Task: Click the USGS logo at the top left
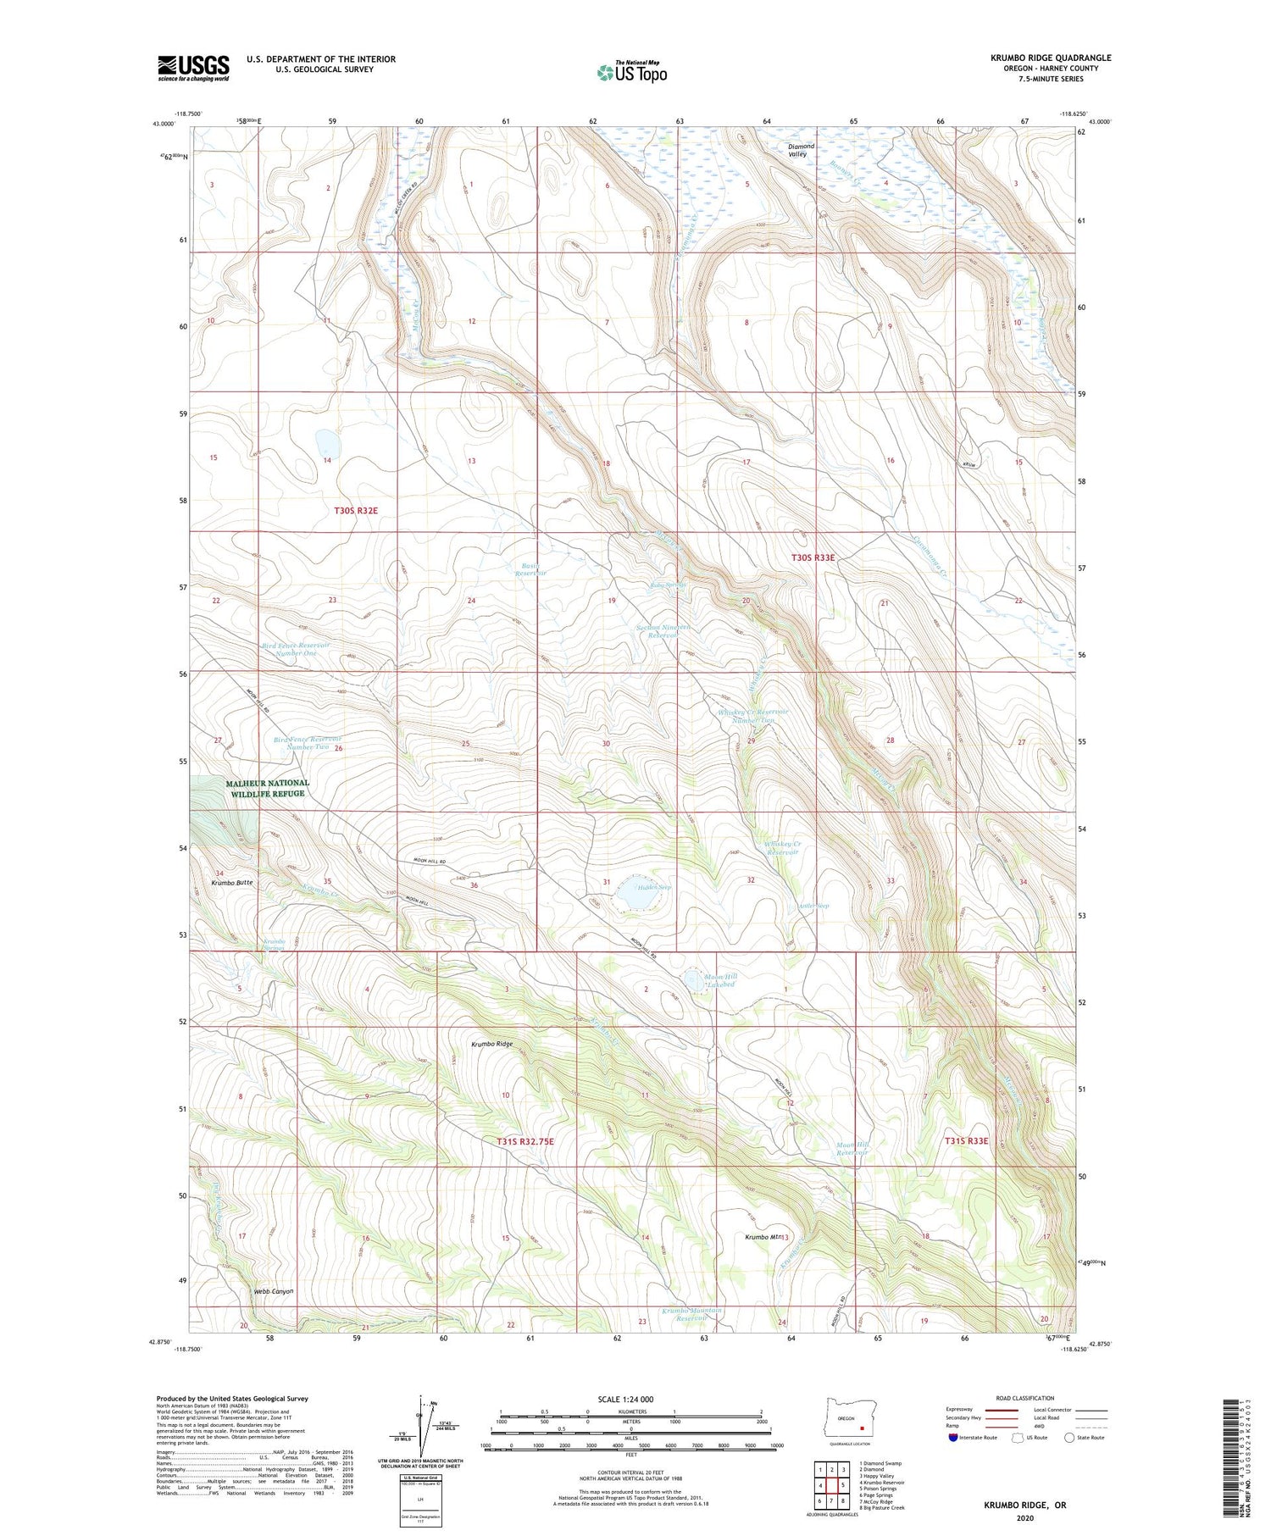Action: click(193, 68)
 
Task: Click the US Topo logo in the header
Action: click(631, 73)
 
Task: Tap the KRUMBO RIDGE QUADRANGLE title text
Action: click(1051, 58)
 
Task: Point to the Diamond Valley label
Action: click(800, 150)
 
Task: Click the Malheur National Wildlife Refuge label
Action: click(268, 789)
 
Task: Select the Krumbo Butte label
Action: click(232, 883)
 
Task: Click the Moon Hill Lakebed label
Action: click(719, 980)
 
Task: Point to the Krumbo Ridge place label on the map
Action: click(492, 1044)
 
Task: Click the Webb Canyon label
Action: click(274, 1291)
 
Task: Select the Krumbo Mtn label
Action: click(763, 1238)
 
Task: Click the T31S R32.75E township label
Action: click(525, 1141)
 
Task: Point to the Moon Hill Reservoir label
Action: click(852, 1148)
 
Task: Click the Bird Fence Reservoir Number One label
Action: click(296, 649)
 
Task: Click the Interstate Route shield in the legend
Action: click(953, 1438)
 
